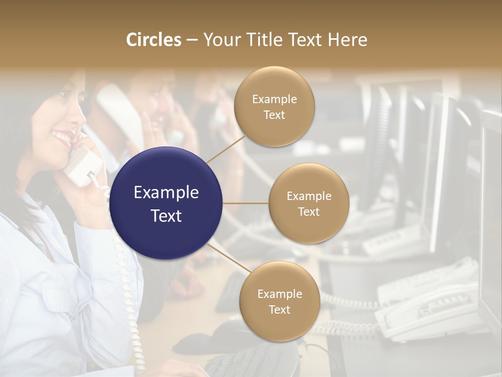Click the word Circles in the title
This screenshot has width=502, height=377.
coord(153,40)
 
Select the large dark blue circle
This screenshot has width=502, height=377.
coord(166,203)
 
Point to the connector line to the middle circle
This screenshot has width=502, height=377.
coord(246,203)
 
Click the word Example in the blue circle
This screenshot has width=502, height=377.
coord(166,193)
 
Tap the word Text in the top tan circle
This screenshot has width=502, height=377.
coord(274,115)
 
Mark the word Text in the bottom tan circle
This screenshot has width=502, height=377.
coord(279,309)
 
